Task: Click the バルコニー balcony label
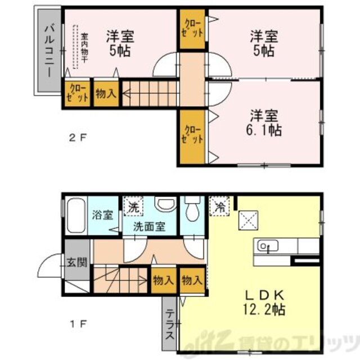click(x=49, y=51)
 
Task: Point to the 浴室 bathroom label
click(x=102, y=216)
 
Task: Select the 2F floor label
click(x=78, y=137)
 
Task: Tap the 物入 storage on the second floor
click(x=105, y=94)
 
